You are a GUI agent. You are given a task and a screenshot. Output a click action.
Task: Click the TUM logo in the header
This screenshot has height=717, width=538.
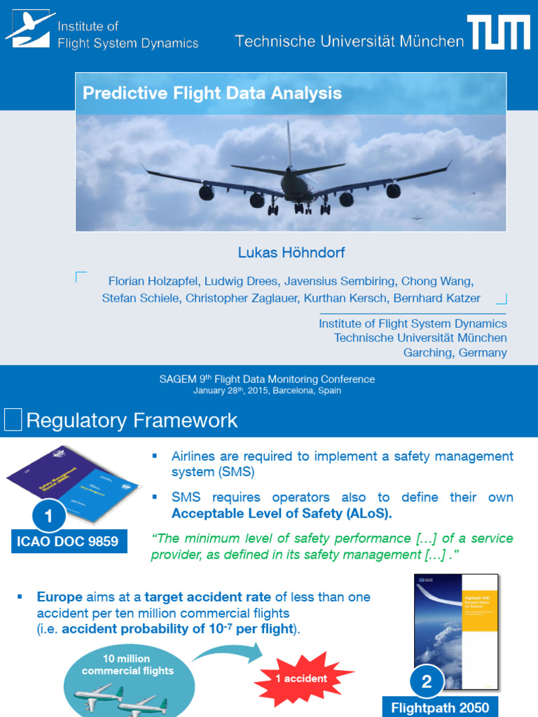pyautogui.click(x=498, y=33)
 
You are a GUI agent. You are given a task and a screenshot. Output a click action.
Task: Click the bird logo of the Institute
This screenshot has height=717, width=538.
pyautogui.click(x=29, y=28)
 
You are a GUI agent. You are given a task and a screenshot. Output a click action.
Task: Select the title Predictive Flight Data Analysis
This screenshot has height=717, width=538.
pyautogui.click(x=212, y=93)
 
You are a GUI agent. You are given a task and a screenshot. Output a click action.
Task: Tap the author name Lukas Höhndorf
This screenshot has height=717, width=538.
pyautogui.click(x=291, y=252)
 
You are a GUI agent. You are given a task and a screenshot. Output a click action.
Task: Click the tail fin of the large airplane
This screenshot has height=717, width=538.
pyautogui.click(x=289, y=144)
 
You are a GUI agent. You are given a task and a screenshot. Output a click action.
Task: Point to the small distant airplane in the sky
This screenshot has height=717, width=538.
pyautogui.click(x=417, y=218)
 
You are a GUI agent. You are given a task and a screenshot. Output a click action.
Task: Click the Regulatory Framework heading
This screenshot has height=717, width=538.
pyautogui.click(x=132, y=421)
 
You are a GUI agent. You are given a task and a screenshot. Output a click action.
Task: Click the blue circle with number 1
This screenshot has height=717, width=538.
pyautogui.click(x=48, y=517)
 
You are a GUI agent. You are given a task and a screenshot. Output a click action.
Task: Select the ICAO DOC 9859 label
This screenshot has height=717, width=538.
pyautogui.click(x=68, y=541)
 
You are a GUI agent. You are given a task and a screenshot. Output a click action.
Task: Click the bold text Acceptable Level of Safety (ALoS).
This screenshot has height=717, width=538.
pyautogui.click(x=282, y=513)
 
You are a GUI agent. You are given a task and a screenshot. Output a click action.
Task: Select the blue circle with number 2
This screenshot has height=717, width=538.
pyautogui.click(x=427, y=681)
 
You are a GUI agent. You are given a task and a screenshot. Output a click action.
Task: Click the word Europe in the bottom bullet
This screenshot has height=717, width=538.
pyautogui.click(x=60, y=597)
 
